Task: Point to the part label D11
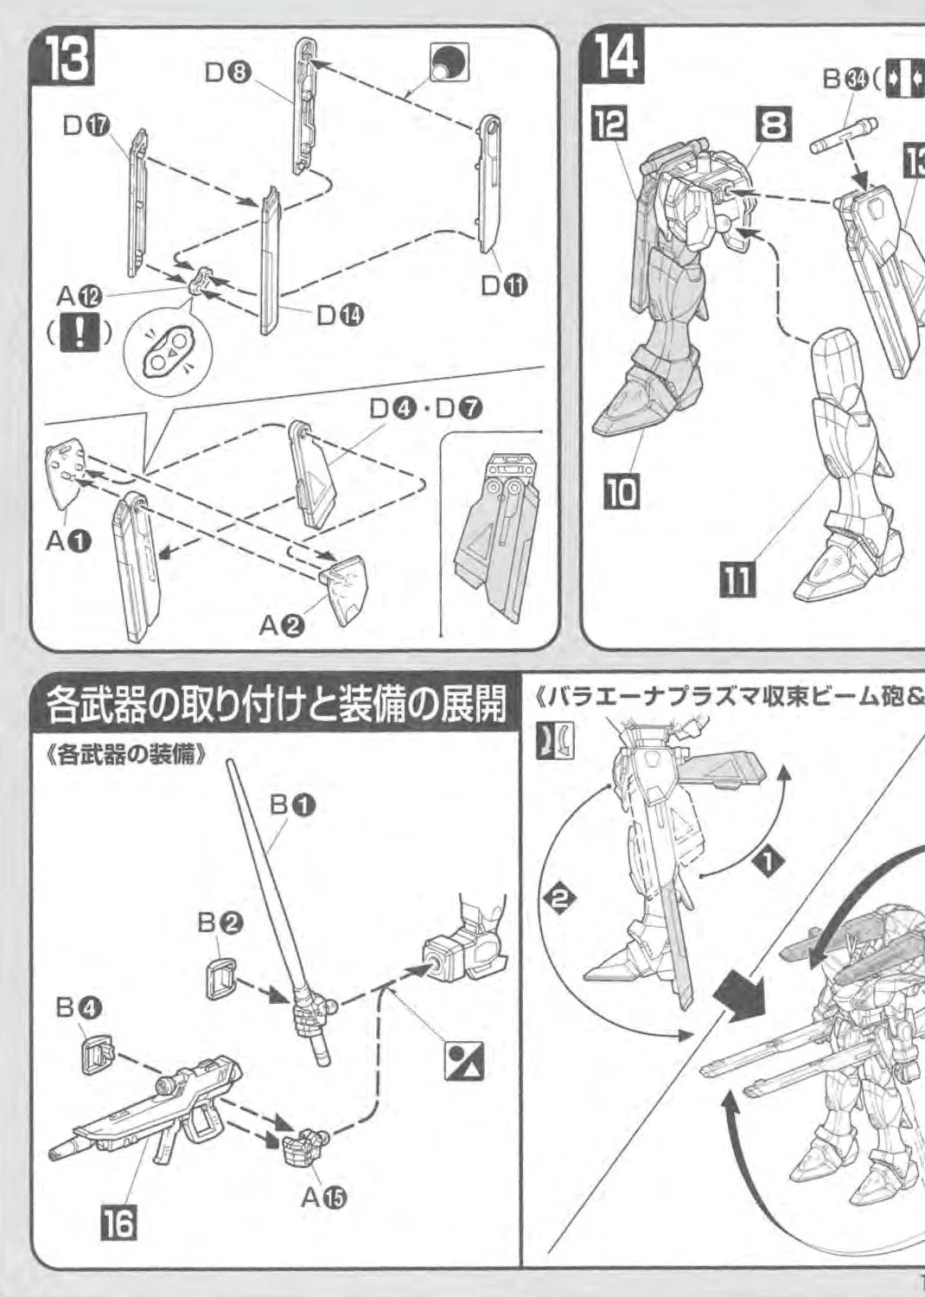click(503, 284)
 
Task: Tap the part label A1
click(67, 542)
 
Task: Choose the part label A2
click(282, 628)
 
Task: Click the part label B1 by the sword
click(291, 804)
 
